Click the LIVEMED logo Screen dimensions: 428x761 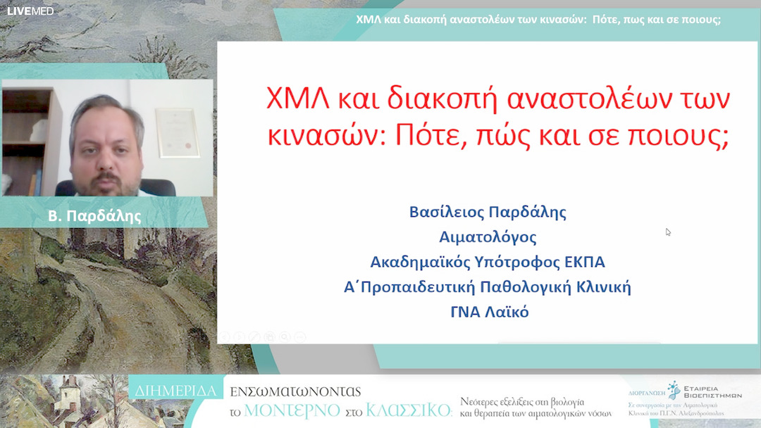coord(30,11)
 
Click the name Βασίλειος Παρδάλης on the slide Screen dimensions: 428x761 coord(488,212)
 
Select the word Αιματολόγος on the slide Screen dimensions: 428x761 coord(488,237)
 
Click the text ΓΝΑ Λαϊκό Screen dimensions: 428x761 coord(489,311)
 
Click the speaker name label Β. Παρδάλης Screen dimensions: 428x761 coord(104,216)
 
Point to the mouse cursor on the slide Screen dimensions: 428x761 coord(668,232)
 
